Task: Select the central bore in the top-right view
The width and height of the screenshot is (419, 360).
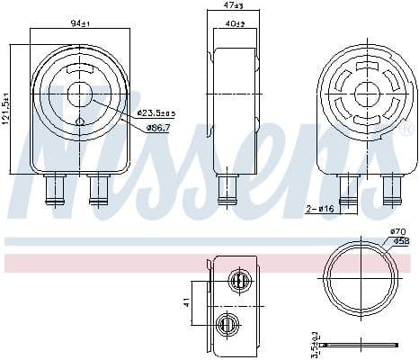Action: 367,94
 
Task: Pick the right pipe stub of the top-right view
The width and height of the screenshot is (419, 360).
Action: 391,190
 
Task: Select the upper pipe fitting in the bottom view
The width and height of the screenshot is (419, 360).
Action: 239,281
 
